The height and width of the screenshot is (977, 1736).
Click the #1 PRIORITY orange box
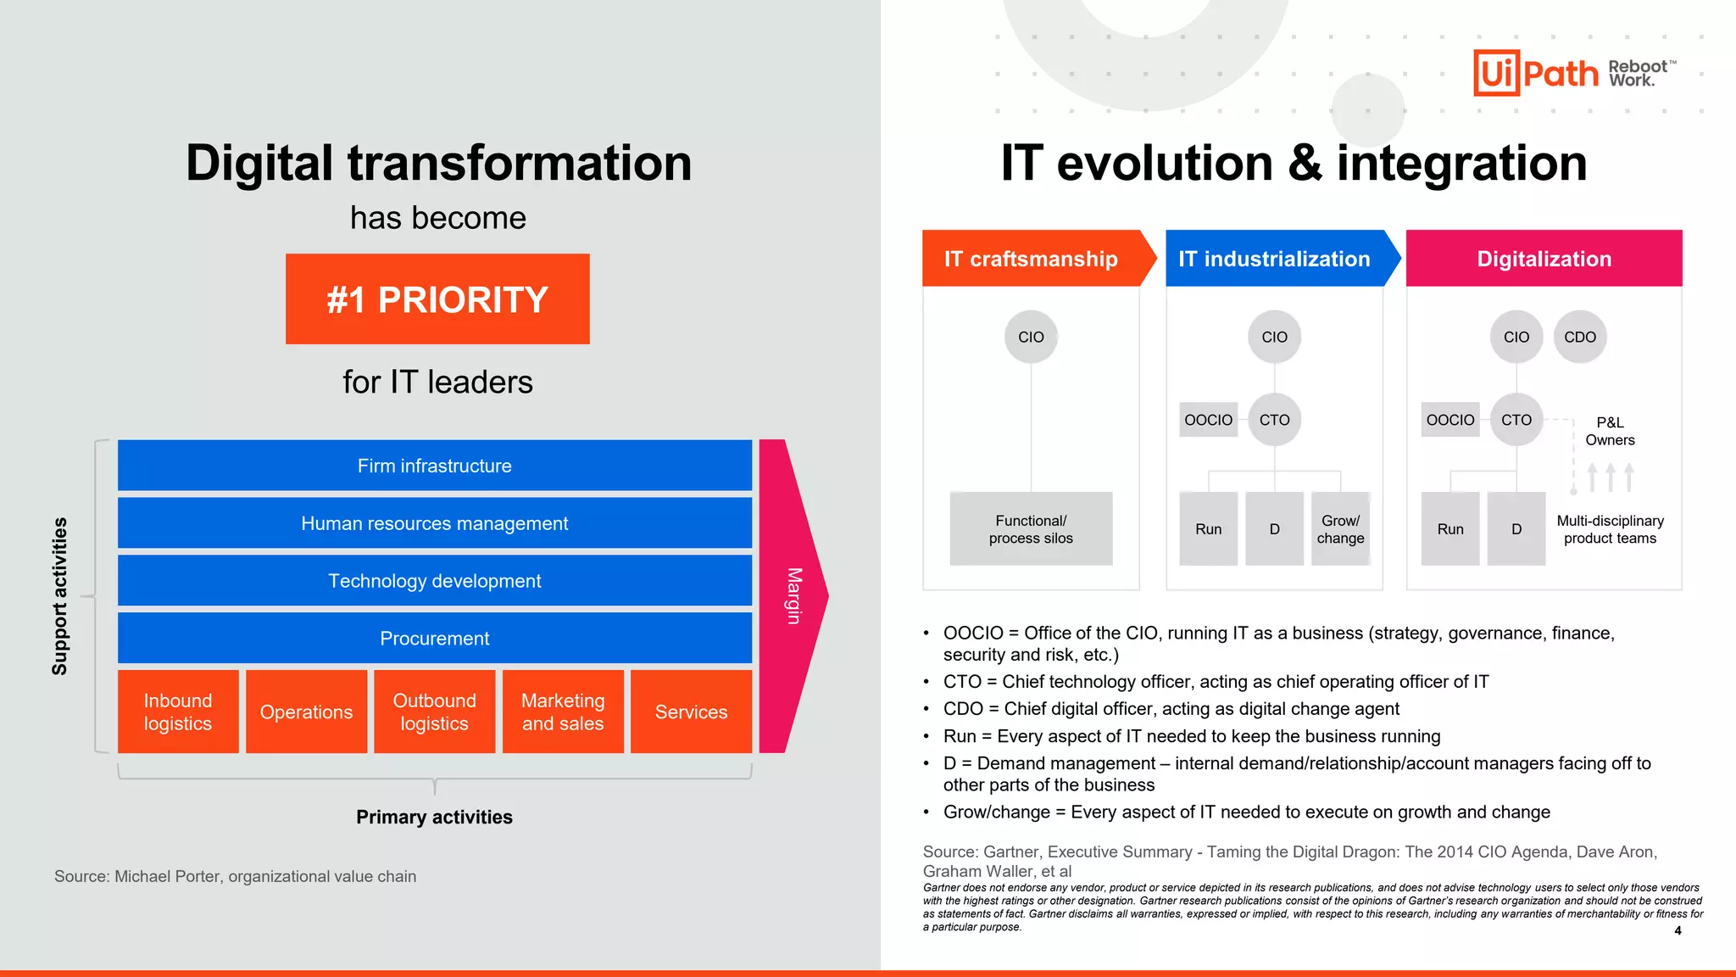click(x=437, y=299)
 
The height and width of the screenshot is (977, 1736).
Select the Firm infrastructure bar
click(x=434, y=466)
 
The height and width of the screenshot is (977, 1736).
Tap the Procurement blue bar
click(x=434, y=638)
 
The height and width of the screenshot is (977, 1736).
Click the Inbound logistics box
click(x=178, y=712)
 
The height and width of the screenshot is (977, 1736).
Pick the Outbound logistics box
click(x=434, y=712)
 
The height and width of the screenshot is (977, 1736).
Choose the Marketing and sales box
click(x=563, y=712)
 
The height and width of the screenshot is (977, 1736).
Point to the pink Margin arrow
click(x=793, y=595)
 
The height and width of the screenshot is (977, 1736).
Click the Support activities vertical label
click(x=59, y=595)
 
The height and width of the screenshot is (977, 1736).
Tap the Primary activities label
click(x=434, y=817)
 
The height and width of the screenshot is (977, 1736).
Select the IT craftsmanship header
click(x=1031, y=259)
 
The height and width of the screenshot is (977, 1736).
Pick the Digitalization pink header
click(x=1544, y=259)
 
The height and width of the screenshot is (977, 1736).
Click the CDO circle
click(x=1580, y=337)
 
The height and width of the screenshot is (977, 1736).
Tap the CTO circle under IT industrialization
click(x=1274, y=420)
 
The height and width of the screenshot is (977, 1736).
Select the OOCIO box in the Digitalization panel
click(x=1450, y=420)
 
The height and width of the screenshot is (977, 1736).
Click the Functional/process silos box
click(x=1031, y=529)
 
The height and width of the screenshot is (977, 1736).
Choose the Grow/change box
click(x=1340, y=529)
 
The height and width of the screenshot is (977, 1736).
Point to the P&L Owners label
click(x=1610, y=431)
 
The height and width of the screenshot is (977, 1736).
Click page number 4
click(x=1678, y=930)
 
